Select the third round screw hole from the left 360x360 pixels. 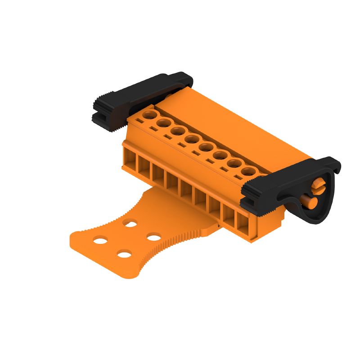click(177, 131)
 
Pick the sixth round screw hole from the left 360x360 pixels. click(219, 156)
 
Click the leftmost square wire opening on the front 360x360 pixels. click(130, 158)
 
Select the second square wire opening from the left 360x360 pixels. click(144, 166)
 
